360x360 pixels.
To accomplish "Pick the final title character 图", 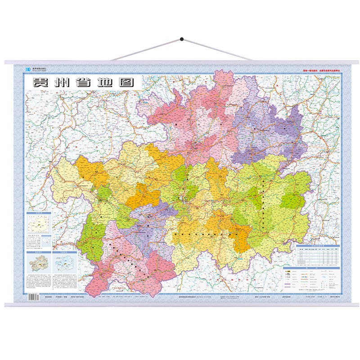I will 127,83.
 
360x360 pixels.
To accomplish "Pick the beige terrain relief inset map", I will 40,262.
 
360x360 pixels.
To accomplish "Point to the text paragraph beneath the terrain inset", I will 40,281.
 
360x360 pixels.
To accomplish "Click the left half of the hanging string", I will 146,49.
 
